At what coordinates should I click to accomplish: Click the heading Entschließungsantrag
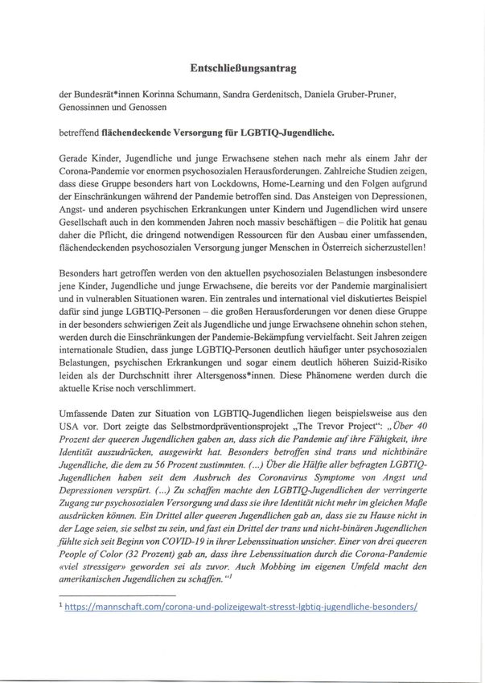coord(241,69)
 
